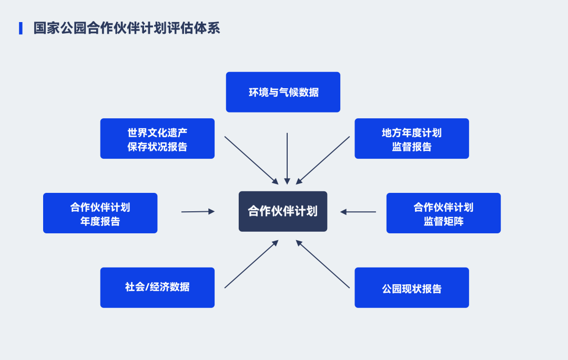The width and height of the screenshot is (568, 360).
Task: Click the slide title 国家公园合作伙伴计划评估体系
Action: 126,28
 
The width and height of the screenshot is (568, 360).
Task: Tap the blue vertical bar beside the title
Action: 21,28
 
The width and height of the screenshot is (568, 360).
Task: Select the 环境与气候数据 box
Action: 283,92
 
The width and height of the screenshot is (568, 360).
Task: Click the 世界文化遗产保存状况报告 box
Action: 157,139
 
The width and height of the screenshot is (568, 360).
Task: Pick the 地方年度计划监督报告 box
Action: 411,139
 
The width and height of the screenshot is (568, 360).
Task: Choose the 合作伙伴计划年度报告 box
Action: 100,213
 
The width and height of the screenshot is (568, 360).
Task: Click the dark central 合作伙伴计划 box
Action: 283,211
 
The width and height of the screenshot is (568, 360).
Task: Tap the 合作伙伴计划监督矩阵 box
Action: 443,213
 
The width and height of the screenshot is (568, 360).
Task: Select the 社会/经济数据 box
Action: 157,287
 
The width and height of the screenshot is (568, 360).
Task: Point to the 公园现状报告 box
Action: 411,287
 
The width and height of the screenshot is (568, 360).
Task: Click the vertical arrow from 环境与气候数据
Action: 287,158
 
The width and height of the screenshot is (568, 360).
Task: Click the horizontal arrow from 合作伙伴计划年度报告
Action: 198,212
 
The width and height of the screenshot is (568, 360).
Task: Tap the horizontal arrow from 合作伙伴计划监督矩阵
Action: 358,212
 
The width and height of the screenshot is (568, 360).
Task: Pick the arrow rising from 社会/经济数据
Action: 251,264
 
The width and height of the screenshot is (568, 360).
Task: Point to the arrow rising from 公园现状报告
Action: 323,264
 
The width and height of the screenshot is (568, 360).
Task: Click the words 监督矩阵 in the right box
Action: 443,221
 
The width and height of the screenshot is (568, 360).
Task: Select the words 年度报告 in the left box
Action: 100,221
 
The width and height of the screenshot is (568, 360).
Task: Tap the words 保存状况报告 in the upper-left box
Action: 157,147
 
